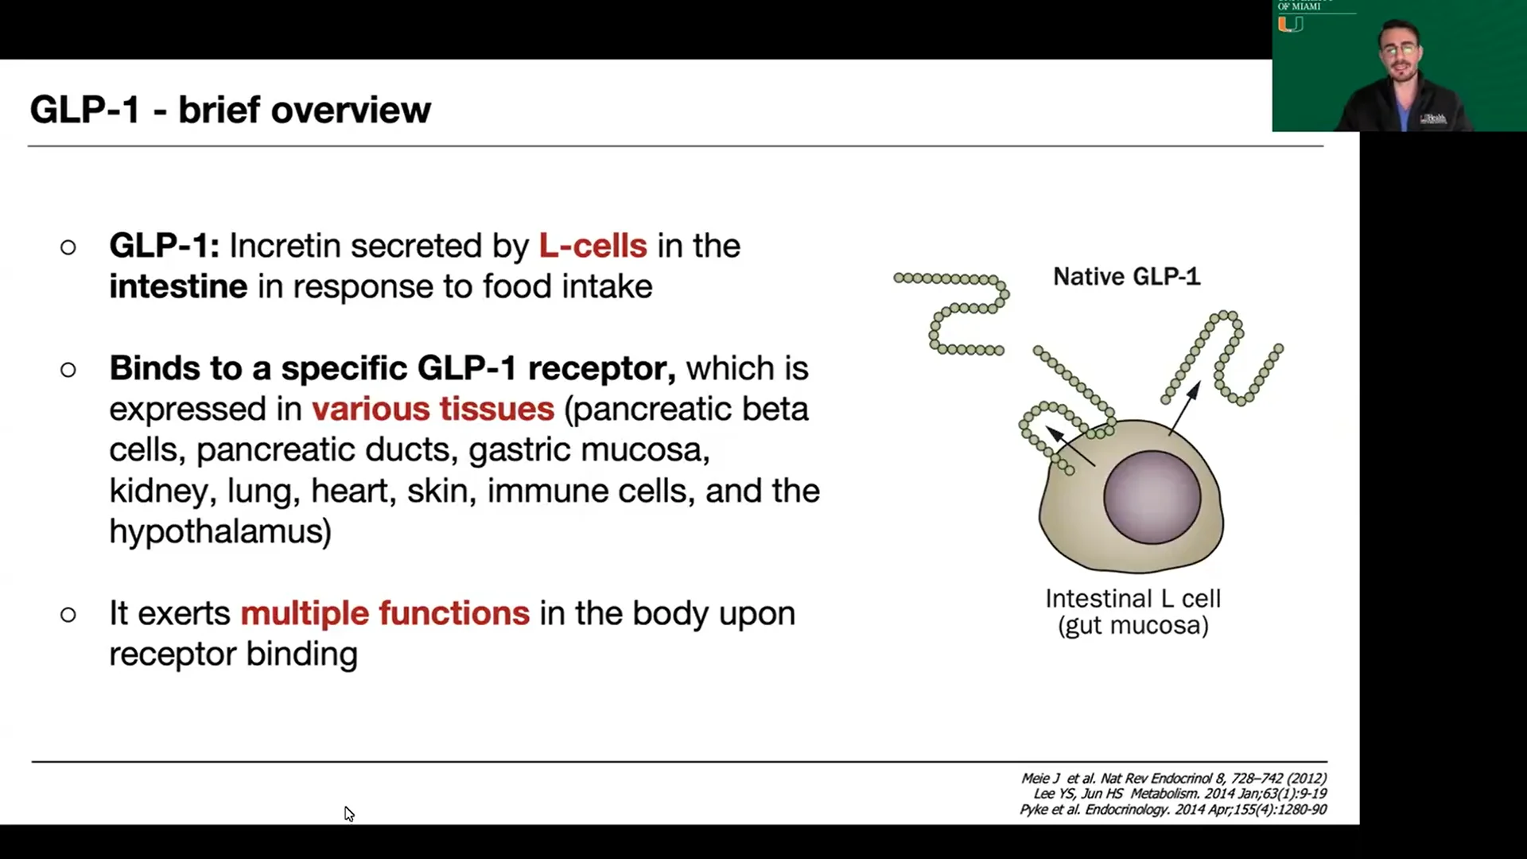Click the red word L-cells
(593, 246)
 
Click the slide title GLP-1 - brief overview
(231, 110)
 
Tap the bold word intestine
(178, 286)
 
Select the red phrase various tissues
(433, 409)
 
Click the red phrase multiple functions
(385, 613)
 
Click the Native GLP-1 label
(1126, 277)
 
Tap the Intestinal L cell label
(1133, 598)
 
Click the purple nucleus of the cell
(1152, 497)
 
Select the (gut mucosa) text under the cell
(1133, 626)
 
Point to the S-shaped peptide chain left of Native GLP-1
(958, 314)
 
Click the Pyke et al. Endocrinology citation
(1173, 810)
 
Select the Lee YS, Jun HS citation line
(1179, 794)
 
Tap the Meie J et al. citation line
(1173, 779)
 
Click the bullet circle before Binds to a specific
(68, 369)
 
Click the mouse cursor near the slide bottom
(348, 813)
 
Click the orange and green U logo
(1290, 25)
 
